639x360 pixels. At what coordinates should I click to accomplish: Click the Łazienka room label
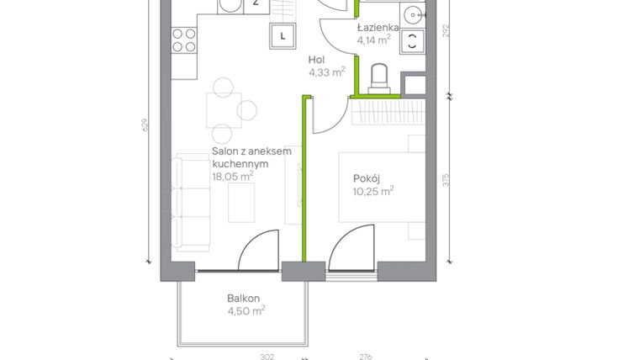coord(377,27)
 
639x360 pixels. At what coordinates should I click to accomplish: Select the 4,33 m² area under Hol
coord(326,72)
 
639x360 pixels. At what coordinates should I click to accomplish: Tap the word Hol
coord(316,60)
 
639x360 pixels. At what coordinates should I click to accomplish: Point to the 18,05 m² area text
coord(232,177)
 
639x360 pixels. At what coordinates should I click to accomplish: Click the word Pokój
coord(367,177)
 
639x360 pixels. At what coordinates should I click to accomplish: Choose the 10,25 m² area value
coord(373,191)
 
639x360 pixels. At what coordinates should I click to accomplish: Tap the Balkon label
coord(243,298)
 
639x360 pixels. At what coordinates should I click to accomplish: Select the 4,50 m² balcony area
coord(246,310)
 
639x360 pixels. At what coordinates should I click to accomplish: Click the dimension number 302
coord(267,356)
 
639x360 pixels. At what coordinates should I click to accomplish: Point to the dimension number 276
coord(365,356)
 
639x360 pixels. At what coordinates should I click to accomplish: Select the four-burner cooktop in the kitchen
coord(184,40)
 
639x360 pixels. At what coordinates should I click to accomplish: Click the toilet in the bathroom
coord(379,77)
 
